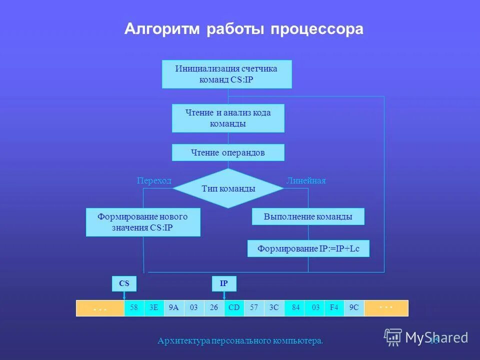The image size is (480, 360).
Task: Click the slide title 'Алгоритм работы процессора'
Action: point(243,29)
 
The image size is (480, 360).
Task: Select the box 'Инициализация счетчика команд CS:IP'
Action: point(226,74)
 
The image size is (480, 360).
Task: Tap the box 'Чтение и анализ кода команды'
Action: point(228,118)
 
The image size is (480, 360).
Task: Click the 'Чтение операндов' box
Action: point(228,152)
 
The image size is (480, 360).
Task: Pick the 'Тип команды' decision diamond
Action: point(228,188)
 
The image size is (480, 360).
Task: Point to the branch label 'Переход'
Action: point(154,180)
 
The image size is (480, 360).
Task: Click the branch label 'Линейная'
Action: point(306,180)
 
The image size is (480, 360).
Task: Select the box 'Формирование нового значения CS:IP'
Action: point(143,222)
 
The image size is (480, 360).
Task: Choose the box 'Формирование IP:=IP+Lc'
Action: point(308,248)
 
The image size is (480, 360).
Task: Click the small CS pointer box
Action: point(124,283)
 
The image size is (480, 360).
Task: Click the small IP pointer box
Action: point(224,283)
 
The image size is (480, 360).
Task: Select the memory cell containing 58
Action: point(134,308)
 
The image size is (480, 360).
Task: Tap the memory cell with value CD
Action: point(234,308)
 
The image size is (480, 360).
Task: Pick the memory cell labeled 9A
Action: point(174,308)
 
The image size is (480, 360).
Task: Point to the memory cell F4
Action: point(334,308)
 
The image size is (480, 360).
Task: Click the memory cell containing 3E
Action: point(154,308)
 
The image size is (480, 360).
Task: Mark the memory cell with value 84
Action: point(295,308)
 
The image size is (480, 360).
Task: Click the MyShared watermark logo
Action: point(426,337)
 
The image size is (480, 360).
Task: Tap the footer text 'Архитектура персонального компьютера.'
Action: point(240,340)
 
